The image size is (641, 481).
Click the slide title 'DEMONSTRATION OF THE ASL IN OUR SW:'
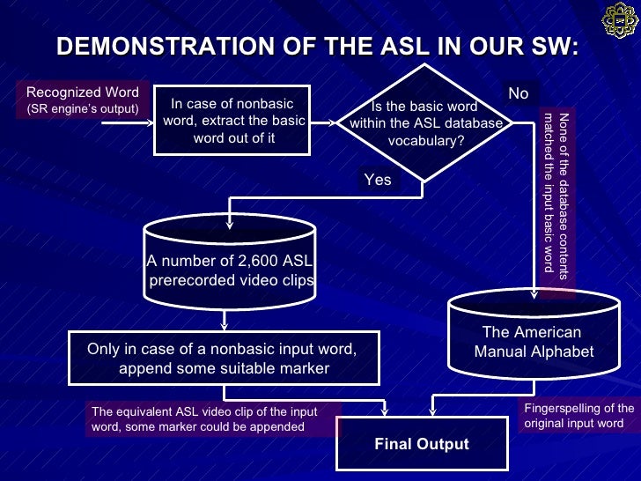(x=317, y=46)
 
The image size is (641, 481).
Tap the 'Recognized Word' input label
(x=83, y=92)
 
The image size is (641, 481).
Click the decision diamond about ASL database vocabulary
(x=426, y=123)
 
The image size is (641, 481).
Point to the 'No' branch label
(x=519, y=93)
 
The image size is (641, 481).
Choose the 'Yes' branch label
(x=378, y=180)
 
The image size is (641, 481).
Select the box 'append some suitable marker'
(x=224, y=359)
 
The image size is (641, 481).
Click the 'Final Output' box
(x=422, y=443)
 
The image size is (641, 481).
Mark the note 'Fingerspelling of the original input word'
(x=578, y=415)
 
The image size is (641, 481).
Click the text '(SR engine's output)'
(x=83, y=109)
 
